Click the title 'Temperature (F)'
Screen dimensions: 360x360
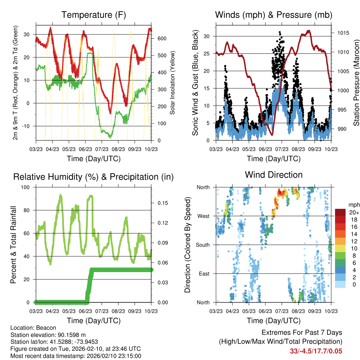click(94, 15)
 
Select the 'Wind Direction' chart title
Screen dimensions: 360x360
click(274, 175)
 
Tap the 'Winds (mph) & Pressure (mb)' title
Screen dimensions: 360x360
click(274, 15)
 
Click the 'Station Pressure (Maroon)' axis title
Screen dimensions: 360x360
click(356, 83)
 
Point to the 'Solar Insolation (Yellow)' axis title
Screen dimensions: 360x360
click(172, 83)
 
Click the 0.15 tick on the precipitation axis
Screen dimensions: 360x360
click(161, 203)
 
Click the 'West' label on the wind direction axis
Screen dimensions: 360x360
click(204, 216)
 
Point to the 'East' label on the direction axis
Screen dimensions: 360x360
click(204, 274)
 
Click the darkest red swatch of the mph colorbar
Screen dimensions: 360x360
click(341, 212)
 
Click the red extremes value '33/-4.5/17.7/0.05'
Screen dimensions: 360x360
click(316, 351)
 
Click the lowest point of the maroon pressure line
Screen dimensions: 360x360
click(271, 135)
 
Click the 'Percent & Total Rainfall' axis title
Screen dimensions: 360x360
click(13, 245)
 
